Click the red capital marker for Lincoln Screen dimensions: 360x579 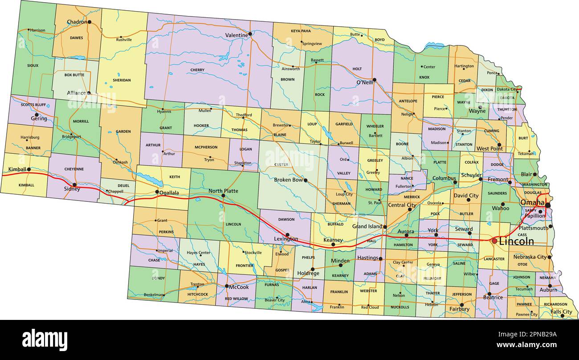[x=494, y=241]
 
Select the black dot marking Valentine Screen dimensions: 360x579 [x=250, y=33]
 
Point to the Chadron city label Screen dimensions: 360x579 [x=77, y=22]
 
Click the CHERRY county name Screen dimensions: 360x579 [x=197, y=70]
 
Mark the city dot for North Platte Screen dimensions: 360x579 [x=223, y=195]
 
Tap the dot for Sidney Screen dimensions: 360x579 [x=74, y=184]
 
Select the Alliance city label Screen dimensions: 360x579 [x=76, y=93]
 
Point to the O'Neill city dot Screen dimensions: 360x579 [x=374, y=80]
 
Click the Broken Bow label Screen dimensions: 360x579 [x=288, y=180]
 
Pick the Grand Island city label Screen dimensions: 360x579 [x=367, y=226]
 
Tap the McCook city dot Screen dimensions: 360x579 [x=227, y=286]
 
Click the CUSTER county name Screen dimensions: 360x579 [x=281, y=164]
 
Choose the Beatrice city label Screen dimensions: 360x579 [x=493, y=298]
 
